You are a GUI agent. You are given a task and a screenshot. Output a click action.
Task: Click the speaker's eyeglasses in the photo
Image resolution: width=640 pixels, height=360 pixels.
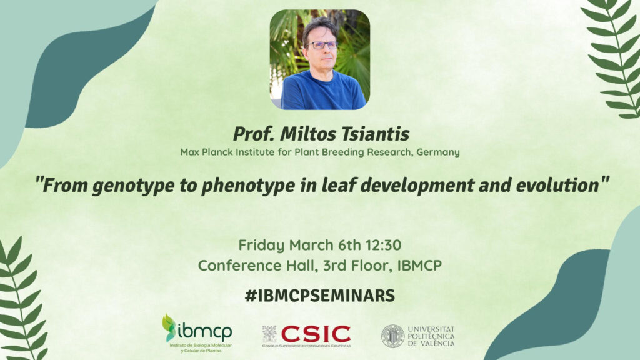(322, 45)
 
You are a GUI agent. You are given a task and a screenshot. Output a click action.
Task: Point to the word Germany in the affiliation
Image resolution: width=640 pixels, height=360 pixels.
(438, 152)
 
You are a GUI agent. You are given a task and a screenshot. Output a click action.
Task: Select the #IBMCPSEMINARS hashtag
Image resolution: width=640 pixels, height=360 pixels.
(320, 296)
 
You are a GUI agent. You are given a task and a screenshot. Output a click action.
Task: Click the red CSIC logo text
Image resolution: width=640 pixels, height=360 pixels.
(316, 334)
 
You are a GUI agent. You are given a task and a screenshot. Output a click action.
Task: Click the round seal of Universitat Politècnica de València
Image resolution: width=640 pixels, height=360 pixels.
(392, 336)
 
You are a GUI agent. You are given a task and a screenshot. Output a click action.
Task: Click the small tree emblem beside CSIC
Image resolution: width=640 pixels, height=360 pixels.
(269, 334)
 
